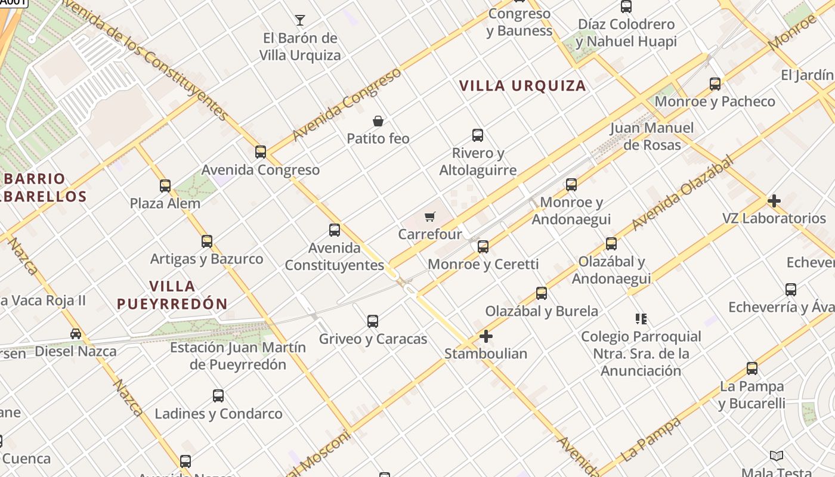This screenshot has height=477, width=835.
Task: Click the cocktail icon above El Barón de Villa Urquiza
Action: (x=300, y=20)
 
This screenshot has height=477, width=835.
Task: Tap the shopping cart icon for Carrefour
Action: (x=430, y=216)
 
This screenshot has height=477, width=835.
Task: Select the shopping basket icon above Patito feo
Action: (x=378, y=121)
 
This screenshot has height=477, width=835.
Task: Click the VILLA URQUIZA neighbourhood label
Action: (x=523, y=86)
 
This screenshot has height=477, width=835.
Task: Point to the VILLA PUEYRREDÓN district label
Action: (x=172, y=295)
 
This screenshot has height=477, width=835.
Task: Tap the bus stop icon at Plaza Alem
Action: (x=165, y=186)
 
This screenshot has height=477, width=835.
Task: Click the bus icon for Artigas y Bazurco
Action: (x=206, y=241)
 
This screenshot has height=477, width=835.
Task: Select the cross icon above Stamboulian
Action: (x=486, y=336)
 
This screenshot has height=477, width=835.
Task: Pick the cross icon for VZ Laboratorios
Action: (x=774, y=201)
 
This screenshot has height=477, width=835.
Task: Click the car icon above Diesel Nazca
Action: (x=76, y=334)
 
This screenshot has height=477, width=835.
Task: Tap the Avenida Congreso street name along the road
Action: (x=347, y=104)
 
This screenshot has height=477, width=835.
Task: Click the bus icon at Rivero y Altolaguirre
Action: (x=478, y=135)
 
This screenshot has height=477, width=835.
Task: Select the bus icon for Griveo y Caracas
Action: (x=373, y=321)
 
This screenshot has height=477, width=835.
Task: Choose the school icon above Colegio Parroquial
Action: (x=641, y=319)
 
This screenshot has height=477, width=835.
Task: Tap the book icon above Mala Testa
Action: (x=776, y=456)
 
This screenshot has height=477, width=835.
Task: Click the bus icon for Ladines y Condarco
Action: (x=218, y=396)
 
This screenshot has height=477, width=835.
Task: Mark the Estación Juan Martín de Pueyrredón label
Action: (x=238, y=356)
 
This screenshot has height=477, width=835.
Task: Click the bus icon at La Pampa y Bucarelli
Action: (x=752, y=368)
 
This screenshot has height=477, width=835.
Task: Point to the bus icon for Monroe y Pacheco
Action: (x=715, y=84)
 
